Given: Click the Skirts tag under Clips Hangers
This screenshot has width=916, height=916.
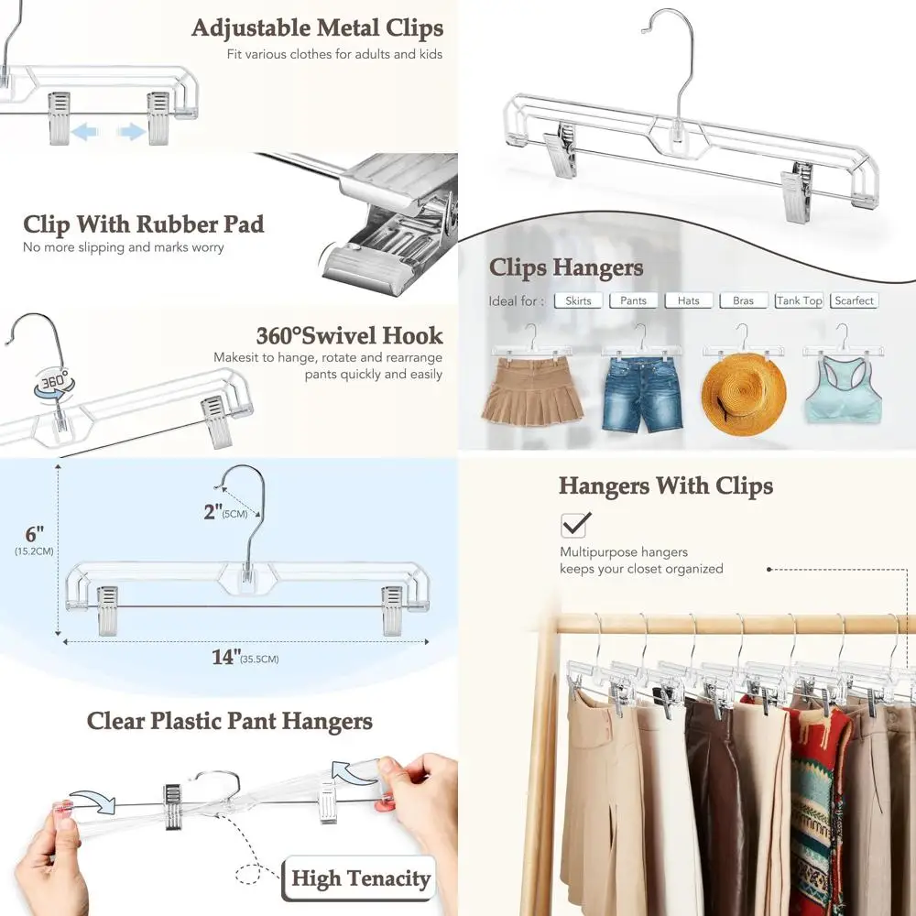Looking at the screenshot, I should click(x=578, y=300).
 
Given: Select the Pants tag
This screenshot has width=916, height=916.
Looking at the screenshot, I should click(x=633, y=300).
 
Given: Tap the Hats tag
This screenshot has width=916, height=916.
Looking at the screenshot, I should click(x=688, y=300).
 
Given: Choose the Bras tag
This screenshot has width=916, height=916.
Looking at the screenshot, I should click(x=743, y=300).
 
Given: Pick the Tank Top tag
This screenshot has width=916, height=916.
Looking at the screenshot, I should click(x=799, y=300).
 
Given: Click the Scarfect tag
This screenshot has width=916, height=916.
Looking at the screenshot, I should click(x=854, y=300).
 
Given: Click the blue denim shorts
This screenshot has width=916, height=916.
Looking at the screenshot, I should click(x=641, y=394).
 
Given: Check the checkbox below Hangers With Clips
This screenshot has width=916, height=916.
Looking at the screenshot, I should click(x=575, y=525).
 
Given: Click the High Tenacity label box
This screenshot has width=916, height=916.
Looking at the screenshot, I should click(x=360, y=879).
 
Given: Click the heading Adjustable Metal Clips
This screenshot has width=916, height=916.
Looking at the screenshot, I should click(x=317, y=28).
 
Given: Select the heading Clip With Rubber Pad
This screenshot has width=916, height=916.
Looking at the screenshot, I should click(x=144, y=224).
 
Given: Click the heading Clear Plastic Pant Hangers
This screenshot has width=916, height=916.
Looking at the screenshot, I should click(x=230, y=721).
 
